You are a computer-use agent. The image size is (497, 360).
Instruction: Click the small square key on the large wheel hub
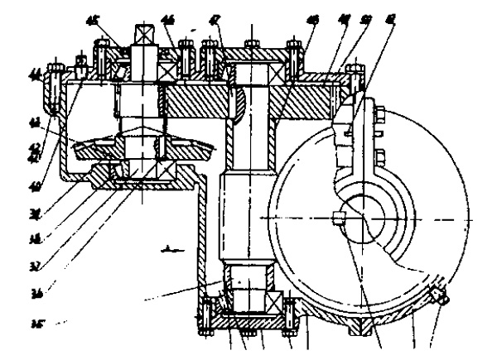tap(337, 218)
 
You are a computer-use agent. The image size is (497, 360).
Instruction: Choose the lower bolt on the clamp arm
tap(377, 156)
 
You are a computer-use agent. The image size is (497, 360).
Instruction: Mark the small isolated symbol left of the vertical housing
tap(170, 247)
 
